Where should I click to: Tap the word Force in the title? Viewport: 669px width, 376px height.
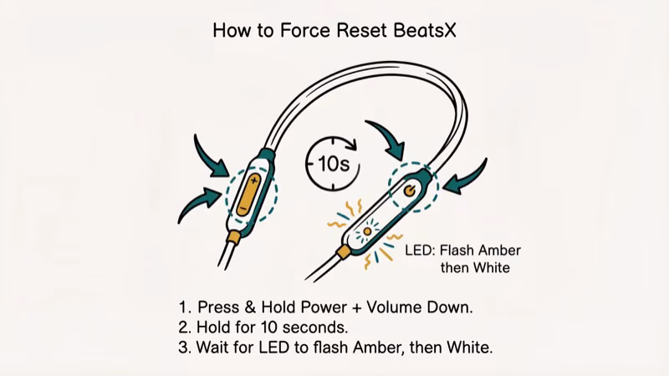point(299,32)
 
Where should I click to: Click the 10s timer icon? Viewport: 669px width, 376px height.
point(333,161)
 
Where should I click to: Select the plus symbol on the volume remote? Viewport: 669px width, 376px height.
point(253,180)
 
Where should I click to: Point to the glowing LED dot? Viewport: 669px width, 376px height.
point(366,230)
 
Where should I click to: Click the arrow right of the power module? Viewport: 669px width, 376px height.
point(468,175)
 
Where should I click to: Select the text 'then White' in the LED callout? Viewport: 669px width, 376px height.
point(476,268)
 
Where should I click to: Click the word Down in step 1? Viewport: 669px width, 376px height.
point(452,307)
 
